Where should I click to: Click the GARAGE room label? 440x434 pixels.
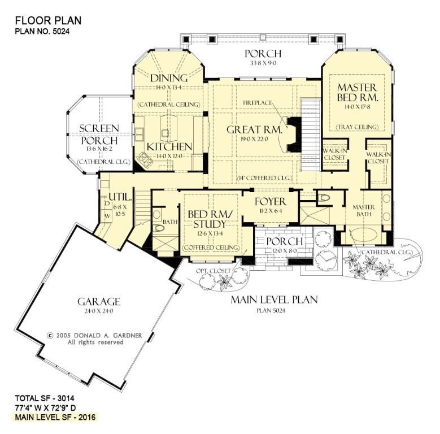99,302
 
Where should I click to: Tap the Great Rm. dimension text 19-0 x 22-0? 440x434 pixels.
254,139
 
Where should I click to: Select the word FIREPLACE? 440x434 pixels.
258,103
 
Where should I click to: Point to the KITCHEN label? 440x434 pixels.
169,146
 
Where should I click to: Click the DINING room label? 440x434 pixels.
169,78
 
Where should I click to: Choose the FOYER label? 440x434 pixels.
271,202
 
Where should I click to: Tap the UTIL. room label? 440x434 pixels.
120,197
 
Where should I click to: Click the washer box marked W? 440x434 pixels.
107,216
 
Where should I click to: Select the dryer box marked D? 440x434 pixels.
107,203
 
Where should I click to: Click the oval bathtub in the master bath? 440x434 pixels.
364,234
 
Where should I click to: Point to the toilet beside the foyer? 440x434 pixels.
324,198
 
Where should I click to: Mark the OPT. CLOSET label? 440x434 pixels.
214,271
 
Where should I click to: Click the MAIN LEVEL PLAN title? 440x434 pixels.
274,300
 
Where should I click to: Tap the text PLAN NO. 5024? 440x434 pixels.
42,31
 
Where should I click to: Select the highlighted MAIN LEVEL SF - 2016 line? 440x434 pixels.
55,417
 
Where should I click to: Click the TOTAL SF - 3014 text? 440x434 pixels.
45,398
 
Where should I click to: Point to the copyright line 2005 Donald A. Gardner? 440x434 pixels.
95,336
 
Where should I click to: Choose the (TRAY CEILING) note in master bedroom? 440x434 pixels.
358,127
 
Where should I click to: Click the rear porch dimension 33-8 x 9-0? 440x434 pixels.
263,63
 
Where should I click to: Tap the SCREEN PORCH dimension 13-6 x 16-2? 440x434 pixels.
99,149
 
